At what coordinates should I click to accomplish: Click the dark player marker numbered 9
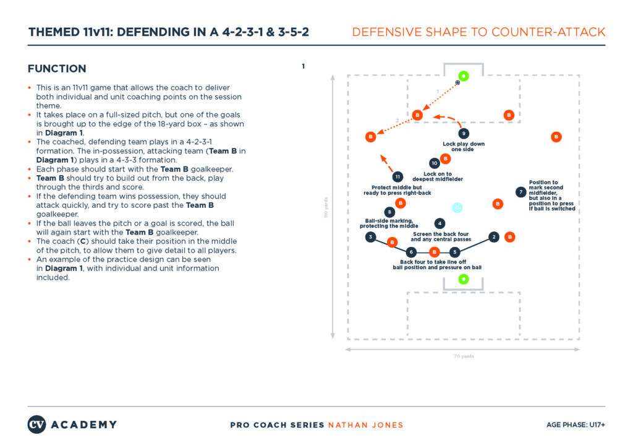click(x=464, y=133)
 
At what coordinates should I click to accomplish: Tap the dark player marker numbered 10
click(x=435, y=163)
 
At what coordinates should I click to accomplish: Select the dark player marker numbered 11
click(x=398, y=177)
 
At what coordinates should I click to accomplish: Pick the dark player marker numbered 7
click(x=521, y=192)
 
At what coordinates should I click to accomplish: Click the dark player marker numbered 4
click(x=440, y=223)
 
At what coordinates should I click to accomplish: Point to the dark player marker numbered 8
click(x=389, y=212)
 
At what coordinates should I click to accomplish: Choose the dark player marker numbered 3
click(x=370, y=237)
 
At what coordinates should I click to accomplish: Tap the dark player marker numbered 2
click(x=493, y=237)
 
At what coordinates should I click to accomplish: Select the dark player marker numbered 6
click(x=412, y=252)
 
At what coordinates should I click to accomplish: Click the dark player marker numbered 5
click(x=454, y=252)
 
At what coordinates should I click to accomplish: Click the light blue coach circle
click(x=457, y=208)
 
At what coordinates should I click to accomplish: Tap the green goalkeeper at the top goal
click(x=464, y=77)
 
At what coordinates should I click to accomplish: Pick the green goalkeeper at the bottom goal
click(x=463, y=279)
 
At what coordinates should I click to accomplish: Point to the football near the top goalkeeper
click(x=457, y=82)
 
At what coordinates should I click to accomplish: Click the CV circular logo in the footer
click(x=36, y=424)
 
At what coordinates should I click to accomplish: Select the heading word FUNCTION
click(x=57, y=69)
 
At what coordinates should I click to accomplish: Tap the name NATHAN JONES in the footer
click(x=365, y=425)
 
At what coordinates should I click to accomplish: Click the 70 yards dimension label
click(x=463, y=356)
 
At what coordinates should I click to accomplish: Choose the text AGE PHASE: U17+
click(x=575, y=425)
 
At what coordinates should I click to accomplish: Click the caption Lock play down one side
click(x=464, y=147)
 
